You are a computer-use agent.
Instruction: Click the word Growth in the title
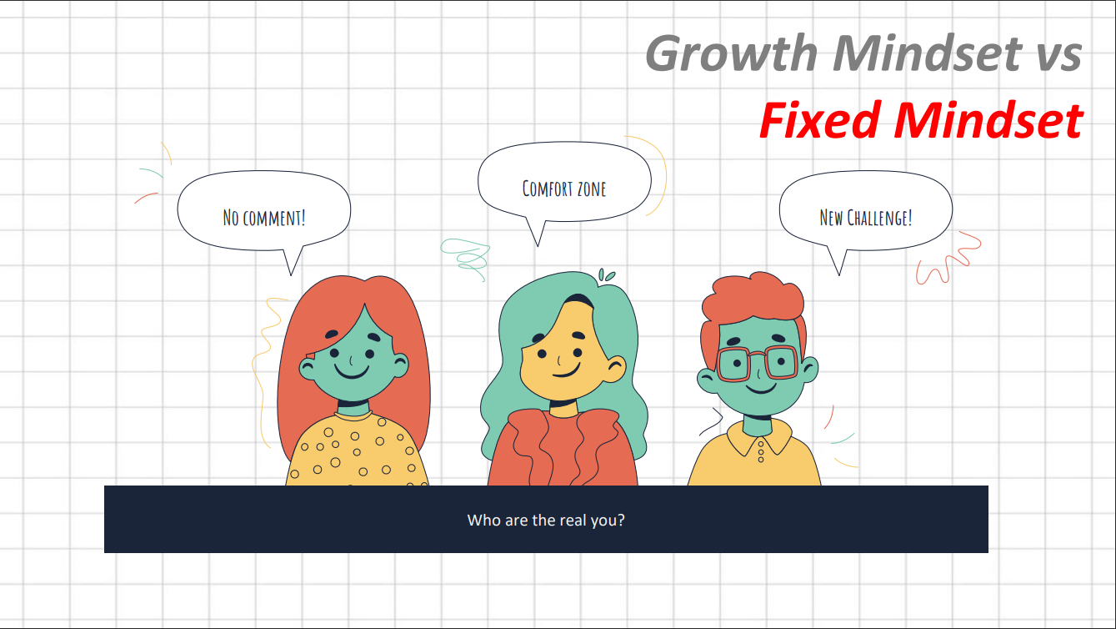pos(731,53)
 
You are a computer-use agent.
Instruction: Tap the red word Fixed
pos(819,120)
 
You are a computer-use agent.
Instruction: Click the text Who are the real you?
pos(546,521)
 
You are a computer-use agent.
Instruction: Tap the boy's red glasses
pos(758,362)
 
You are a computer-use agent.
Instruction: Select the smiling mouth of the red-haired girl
pos(352,372)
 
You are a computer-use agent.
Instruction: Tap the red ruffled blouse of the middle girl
pos(562,448)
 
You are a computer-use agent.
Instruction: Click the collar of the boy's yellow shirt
pos(758,438)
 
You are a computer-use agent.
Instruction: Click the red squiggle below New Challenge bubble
pos(948,259)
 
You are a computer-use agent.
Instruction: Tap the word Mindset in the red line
pos(988,120)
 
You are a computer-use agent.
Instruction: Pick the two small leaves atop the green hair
pos(606,274)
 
